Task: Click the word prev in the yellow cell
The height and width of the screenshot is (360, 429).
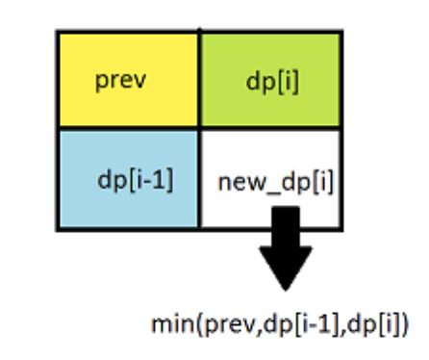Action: [121, 81]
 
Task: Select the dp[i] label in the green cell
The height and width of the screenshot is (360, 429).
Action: [272, 82]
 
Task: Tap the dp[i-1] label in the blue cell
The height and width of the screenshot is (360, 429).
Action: [136, 180]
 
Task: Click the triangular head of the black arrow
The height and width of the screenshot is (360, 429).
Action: [286, 266]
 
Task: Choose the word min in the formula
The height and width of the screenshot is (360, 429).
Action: [172, 324]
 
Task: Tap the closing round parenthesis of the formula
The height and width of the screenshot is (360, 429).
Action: [404, 324]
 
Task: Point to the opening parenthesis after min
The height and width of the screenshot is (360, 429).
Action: [199, 324]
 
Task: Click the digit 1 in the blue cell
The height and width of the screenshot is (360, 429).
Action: [160, 179]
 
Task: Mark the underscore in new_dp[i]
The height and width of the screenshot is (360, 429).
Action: [273, 193]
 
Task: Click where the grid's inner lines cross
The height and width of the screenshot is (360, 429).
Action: [199, 128]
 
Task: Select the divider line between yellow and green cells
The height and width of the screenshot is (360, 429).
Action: [199, 79]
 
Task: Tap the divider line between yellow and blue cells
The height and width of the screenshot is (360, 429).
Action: [129, 128]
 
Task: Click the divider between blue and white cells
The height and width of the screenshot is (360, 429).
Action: [199, 179]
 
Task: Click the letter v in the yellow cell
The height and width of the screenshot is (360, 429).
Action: [140, 81]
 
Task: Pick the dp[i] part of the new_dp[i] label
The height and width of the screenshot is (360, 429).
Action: [308, 182]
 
